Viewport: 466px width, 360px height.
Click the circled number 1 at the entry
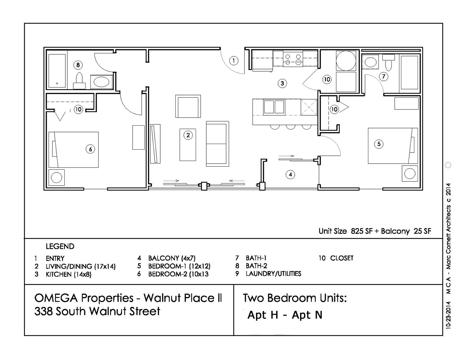point(234,61)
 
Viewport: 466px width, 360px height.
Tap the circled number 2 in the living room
point(188,135)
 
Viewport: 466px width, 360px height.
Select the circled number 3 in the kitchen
point(282,83)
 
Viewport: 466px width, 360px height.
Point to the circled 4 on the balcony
point(290,174)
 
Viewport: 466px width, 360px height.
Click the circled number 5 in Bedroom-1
point(379,144)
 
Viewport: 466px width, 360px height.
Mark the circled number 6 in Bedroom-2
point(90,149)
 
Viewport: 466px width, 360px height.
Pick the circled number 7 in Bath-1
point(384,76)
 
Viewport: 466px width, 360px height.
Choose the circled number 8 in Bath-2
point(78,65)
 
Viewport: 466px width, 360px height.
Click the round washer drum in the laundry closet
point(346,61)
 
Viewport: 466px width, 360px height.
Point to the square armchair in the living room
point(188,106)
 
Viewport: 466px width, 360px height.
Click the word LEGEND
point(60,246)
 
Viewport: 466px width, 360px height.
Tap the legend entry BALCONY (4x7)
point(172,258)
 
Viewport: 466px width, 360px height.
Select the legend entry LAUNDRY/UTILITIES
point(273,274)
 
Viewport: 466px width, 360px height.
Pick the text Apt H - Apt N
point(285,315)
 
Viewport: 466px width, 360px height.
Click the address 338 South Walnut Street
point(97,311)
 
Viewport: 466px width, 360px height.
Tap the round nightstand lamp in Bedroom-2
point(57,177)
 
